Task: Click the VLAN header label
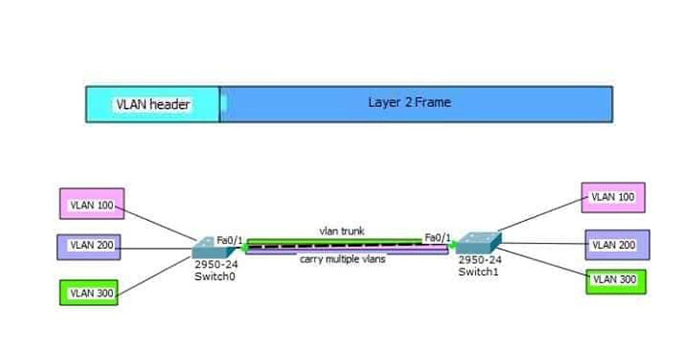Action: pos(152,105)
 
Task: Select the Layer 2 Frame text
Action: pos(409,103)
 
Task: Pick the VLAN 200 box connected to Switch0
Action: pos(89,247)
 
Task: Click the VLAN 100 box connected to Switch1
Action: pos(613,197)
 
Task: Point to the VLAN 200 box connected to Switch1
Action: pos(617,244)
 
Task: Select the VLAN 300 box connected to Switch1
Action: pos(615,281)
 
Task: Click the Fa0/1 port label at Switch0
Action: pos(229,240)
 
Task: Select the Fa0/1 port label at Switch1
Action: pos(437,238)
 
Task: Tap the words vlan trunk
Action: pos(342,230)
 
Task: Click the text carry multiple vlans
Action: pos(342,260)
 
